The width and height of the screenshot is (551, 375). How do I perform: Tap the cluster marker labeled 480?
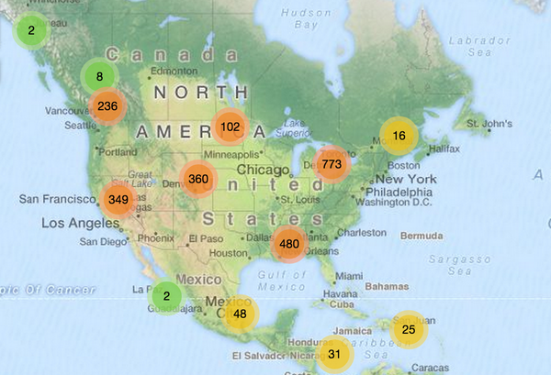coord(289,244)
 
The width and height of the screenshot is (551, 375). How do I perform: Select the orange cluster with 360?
coord(198,179)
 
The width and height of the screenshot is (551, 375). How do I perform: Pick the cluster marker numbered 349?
coord(118,199)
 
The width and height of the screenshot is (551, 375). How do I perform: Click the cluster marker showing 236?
coord(107,105)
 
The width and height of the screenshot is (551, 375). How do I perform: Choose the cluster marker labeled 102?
coord(231,127)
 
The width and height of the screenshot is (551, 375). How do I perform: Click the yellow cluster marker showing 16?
coord(399,136)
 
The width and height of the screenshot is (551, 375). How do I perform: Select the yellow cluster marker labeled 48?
coord(240,314)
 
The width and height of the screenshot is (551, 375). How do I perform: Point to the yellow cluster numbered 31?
coord(334,353)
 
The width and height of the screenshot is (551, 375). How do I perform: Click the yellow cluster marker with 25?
coord(410,329)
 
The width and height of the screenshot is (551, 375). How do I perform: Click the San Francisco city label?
coord(54,199)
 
